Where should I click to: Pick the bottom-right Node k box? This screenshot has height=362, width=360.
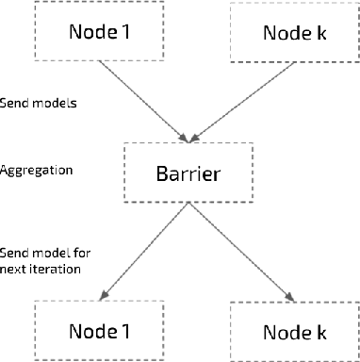(292, 331)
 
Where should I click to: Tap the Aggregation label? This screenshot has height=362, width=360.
(35, 172)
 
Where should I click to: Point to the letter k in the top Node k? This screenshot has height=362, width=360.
(325, 33)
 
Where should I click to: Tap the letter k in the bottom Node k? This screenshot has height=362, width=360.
(325, 331)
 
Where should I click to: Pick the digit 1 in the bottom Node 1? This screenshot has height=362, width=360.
(119, 330)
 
